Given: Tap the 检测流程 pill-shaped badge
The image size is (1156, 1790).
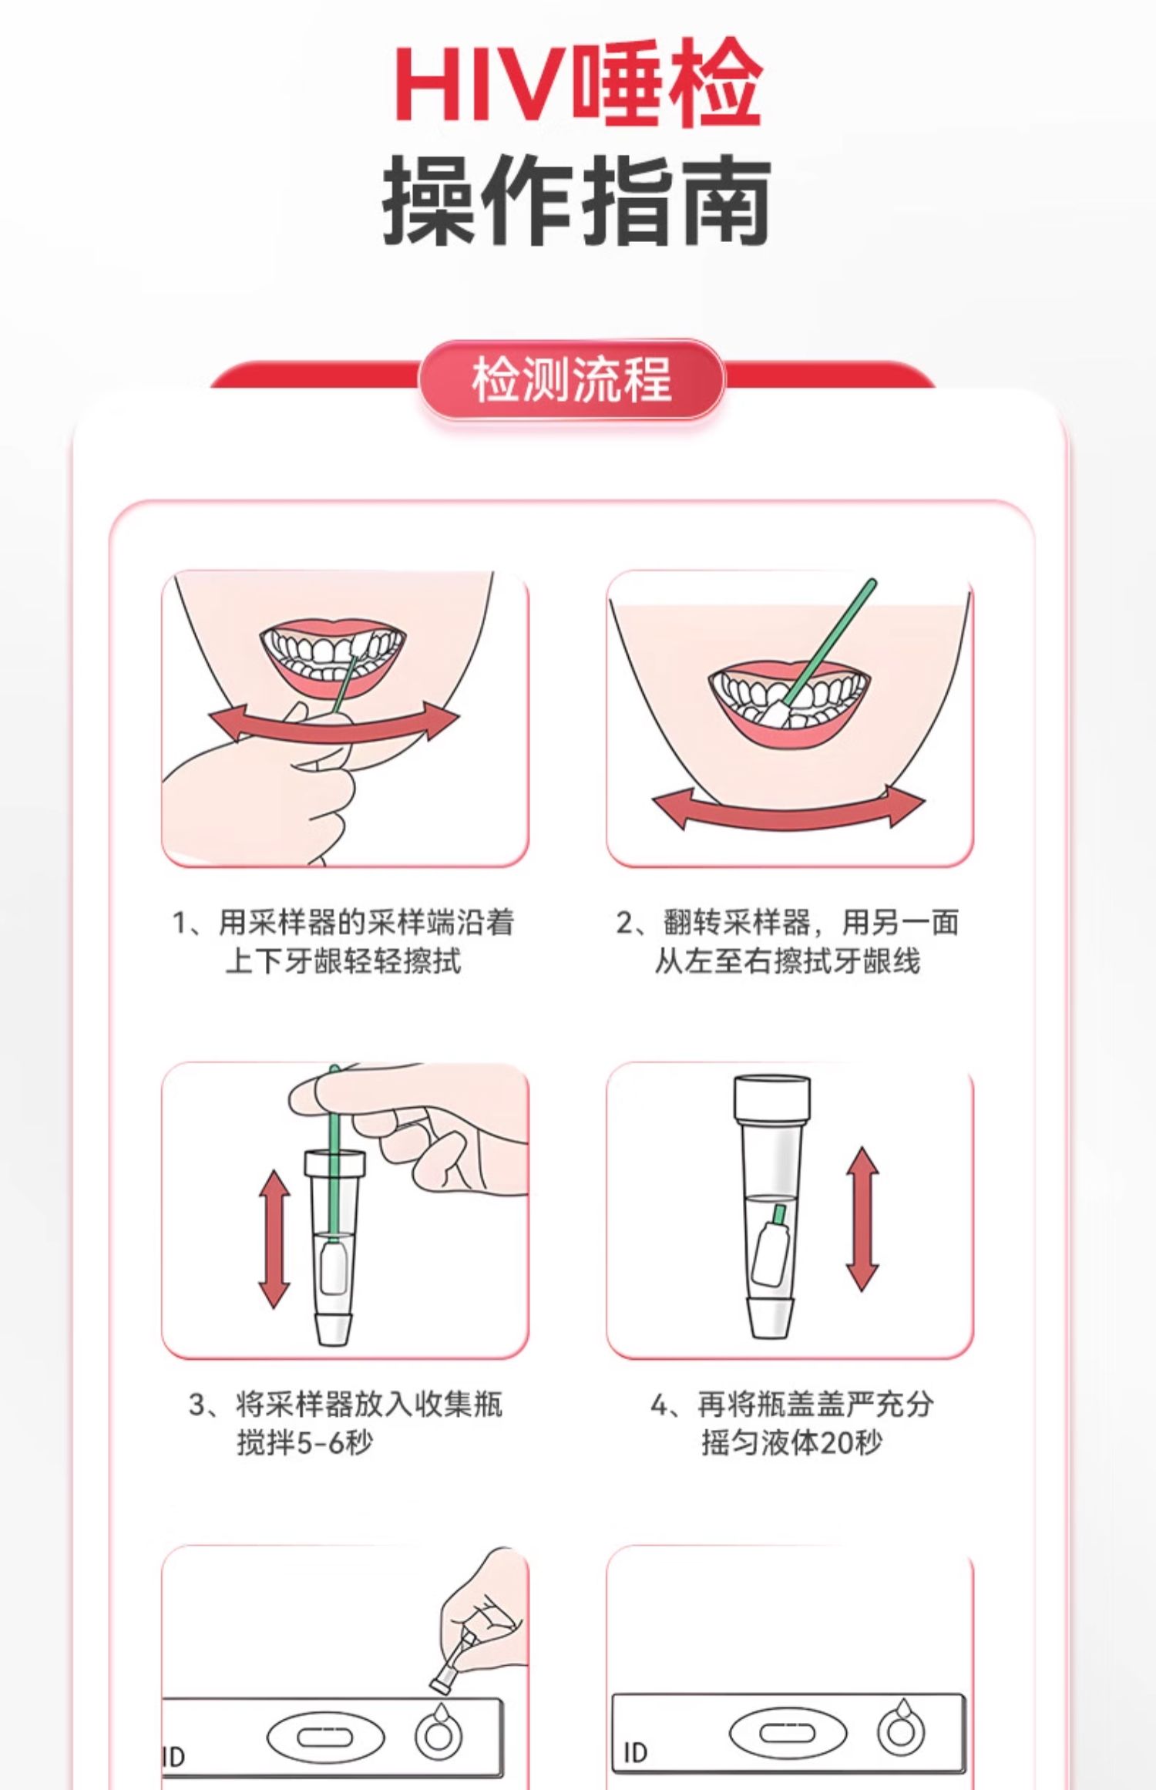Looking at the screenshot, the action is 571,379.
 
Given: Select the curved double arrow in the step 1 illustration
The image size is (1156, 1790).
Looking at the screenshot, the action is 334,725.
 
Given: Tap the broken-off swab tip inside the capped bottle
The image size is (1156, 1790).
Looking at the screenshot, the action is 771,1247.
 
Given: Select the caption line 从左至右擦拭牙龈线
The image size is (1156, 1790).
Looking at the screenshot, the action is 787,961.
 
